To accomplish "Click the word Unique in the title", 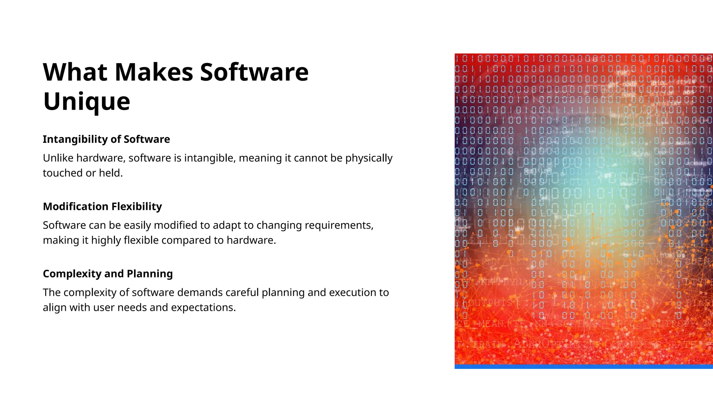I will tap(86, 101).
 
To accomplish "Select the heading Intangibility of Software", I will tap(106, 139).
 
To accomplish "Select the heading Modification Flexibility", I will tap(102, 206).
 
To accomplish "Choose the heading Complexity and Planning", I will tap(108, 274).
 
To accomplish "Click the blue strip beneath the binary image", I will tap(583, 367).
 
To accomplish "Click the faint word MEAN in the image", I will tap(491, 324).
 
